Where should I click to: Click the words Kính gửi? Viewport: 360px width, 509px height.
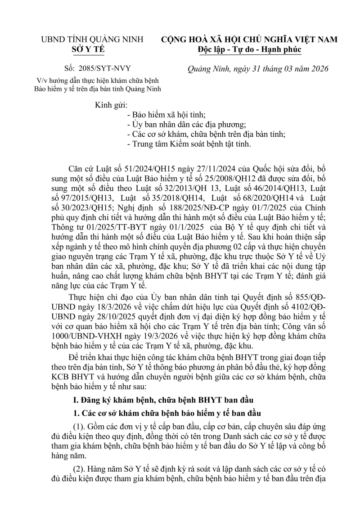click(x=111, y=105)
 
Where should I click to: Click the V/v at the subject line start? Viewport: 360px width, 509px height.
click(x=43, y=80)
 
